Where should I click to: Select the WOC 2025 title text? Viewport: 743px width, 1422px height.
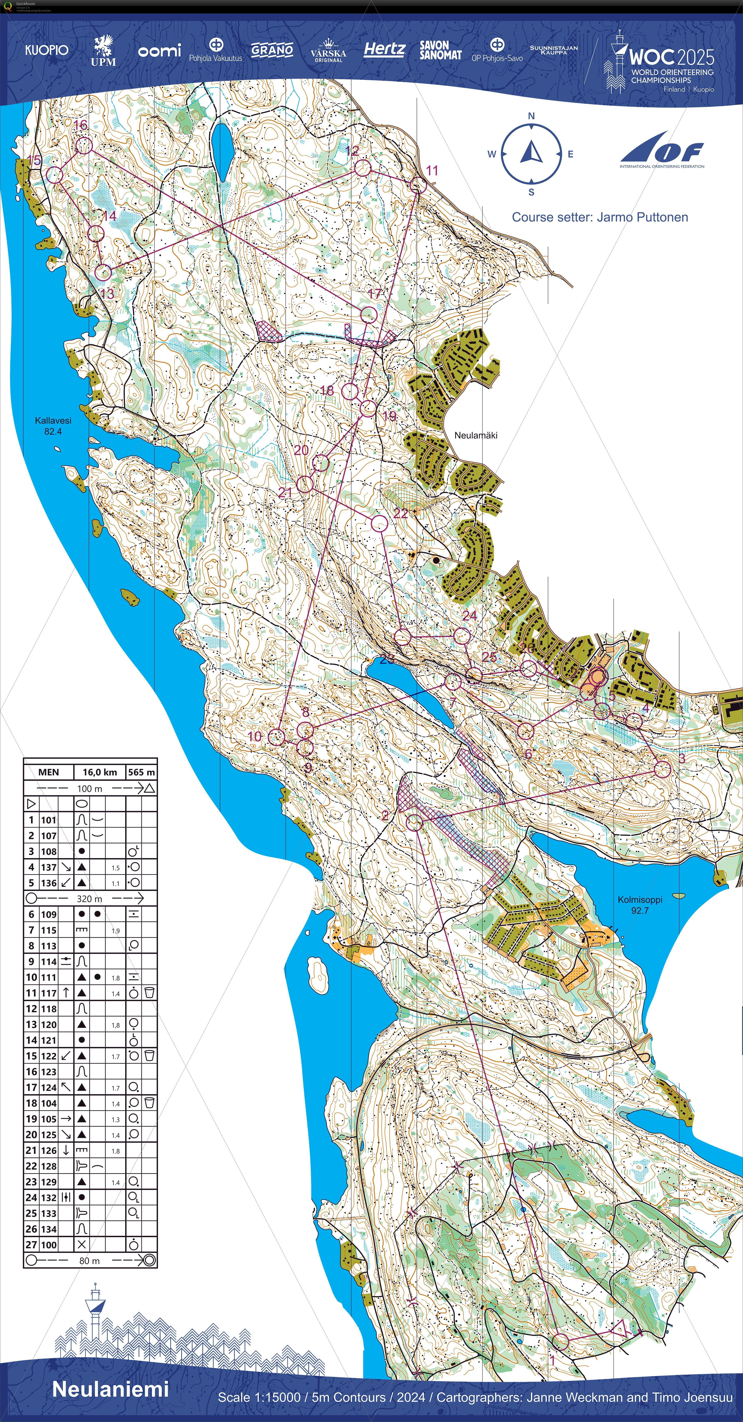671,57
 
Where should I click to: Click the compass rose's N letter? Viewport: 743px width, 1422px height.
531,116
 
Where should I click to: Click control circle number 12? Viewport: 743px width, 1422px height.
362,168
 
